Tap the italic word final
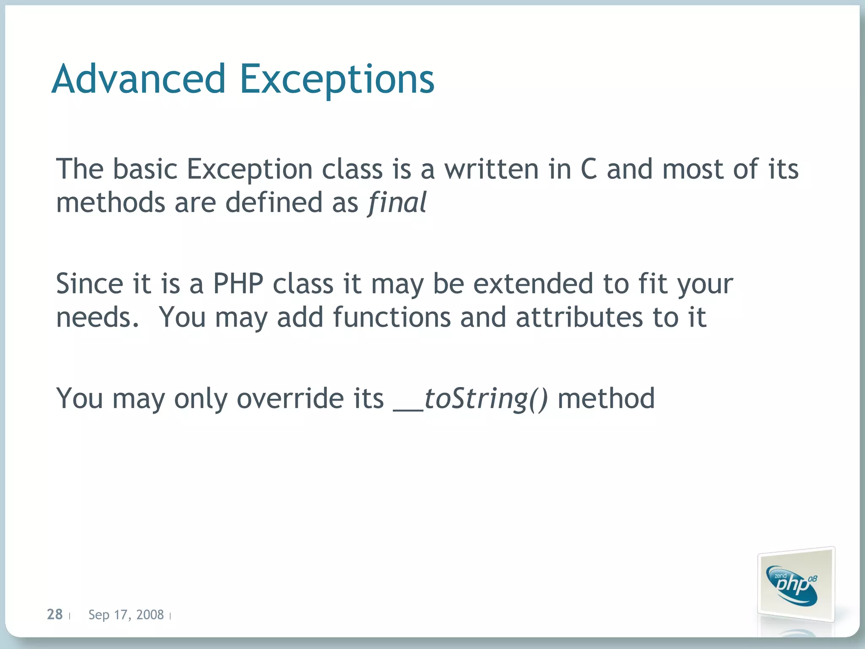[397, 202]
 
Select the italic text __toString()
[471, 398]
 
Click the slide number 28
[54, 614]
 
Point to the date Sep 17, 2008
[126, 614]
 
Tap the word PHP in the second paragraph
[238, 284]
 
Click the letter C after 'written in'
[589, 169]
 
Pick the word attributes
[579, 317]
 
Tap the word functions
[392, 317]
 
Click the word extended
[533, 284]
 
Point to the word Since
[89, 284]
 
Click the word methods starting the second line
[111, 202]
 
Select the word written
[492, 169]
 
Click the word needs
[97, 318]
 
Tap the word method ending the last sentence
[606, 398]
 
